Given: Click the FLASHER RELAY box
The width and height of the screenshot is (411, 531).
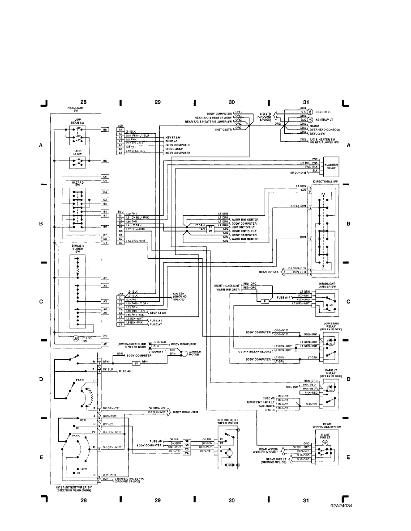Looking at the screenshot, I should pos(331,166).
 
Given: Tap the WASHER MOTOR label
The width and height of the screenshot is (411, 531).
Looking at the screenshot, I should pos(194,353).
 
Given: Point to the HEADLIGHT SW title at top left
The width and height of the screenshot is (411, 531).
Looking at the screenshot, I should pos(75,109).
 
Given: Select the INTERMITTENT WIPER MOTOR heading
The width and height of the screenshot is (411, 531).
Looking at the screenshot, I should pos(228,421).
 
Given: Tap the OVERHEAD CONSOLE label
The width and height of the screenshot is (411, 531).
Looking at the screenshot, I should pos(325,130).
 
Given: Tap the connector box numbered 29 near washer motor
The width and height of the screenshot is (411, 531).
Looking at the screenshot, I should pos(137,363).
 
